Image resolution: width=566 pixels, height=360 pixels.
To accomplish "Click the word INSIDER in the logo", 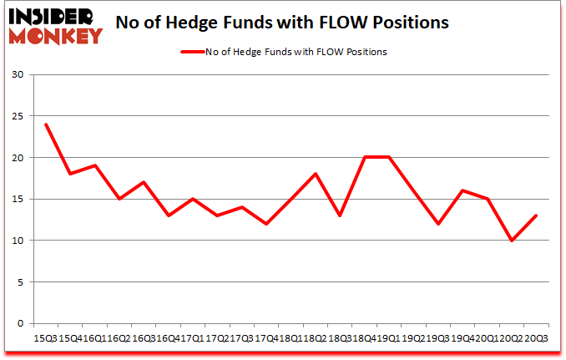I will tap(53, 16).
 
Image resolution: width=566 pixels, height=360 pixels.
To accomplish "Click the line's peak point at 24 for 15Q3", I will tap(46, 124).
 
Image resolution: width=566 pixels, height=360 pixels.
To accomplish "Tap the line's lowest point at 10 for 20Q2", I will tap(510, 241).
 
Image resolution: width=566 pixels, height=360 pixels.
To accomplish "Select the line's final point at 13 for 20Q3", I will tap(535, 215).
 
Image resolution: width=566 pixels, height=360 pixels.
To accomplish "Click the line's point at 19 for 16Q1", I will tap(96, 165).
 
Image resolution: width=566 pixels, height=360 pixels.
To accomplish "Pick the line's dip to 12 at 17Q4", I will tap(266, 224).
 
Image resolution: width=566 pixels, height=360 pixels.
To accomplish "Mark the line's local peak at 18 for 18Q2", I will tap(315, 174).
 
